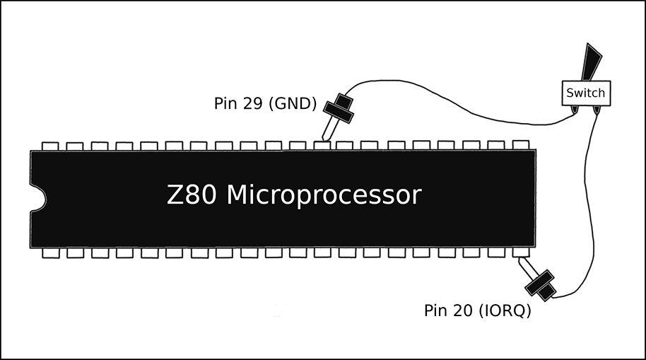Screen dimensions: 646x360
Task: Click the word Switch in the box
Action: pos(585,93)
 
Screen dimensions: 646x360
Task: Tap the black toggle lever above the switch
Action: pos(592,62)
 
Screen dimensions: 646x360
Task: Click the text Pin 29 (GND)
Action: pos(265,103)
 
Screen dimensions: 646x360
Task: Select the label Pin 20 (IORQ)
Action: pos(478,310)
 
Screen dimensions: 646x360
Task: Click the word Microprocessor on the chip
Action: pos(324,194)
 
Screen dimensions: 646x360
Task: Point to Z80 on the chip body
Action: pos(192,194)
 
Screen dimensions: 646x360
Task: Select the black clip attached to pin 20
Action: pos(540,285)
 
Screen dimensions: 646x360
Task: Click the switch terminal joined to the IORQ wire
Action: pos(597,110)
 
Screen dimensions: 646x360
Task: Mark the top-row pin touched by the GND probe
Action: pos(322,146)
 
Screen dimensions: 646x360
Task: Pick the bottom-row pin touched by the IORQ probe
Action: pos(521,252)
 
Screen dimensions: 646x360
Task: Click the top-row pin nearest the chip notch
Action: pos(50,146)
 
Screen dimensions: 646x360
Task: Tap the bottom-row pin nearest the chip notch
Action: pos(51,252)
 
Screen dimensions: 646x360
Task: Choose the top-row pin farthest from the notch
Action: pos(521,145)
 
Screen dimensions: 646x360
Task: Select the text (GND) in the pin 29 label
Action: pos(292,103)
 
